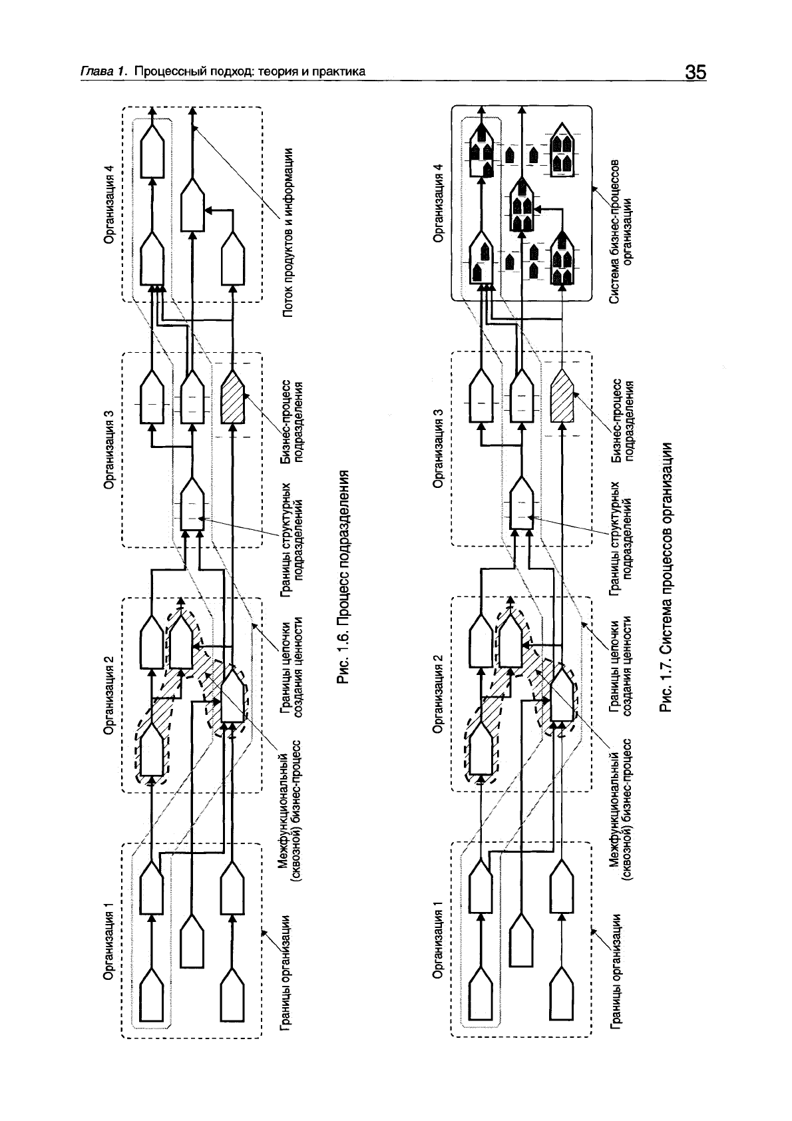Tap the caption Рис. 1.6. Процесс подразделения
pos(343,578)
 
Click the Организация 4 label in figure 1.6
pos(111,203)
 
